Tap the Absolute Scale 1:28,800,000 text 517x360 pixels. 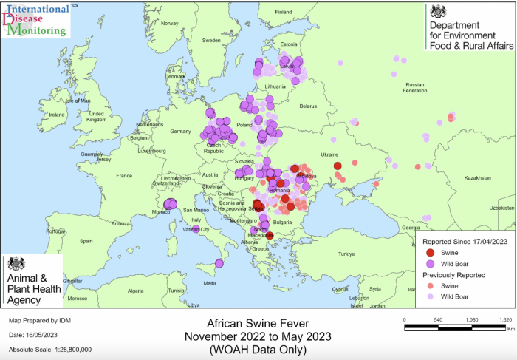click(x=50, y=349)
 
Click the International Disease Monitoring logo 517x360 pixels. click(x=36, y=20)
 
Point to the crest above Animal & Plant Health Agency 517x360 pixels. click(x=16, y=264)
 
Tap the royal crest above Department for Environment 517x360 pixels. click(x=439, y=11)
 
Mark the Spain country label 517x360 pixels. click(x=86, y=241)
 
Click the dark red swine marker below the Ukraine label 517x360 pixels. click(x=337, y=166)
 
